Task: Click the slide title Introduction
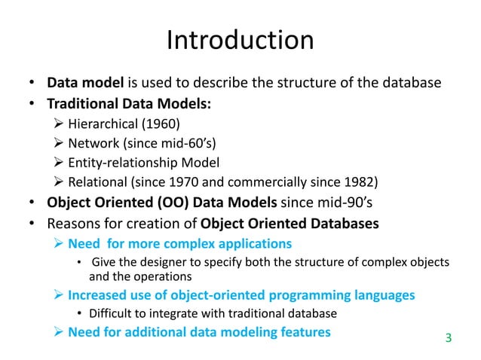point(240,40)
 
